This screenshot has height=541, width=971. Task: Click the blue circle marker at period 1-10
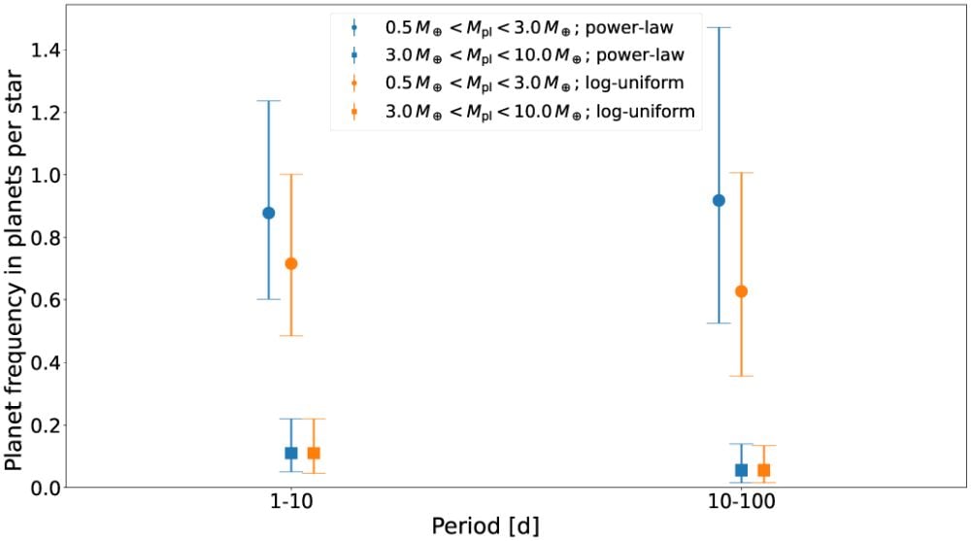point(269,213)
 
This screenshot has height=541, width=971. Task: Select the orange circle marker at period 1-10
point(290,263)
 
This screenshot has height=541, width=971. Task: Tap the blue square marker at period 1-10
point(290,453)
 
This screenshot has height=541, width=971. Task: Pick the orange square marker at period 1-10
point(313,453)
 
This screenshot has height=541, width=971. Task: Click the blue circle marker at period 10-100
point(719,200)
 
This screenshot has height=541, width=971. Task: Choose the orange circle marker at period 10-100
point(741,291)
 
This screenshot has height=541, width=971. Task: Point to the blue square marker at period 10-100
point(741,470)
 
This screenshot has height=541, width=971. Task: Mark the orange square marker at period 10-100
point(763,470)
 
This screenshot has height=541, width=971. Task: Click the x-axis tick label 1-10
point(290,505)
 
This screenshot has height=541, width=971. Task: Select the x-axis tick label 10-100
point(741,505)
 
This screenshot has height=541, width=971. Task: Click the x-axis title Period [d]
point(485,525)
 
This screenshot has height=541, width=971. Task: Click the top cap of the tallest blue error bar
point(719,27)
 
